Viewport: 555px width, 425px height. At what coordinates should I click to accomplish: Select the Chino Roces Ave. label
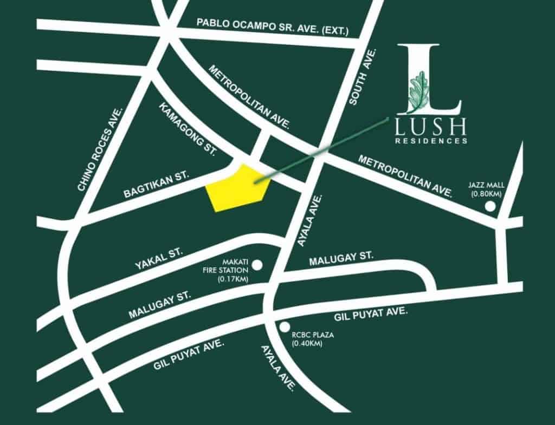coord(101,149)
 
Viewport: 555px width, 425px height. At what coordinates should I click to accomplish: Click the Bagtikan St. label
coord(155,184)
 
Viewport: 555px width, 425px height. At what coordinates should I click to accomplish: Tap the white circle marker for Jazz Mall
coord(490,206)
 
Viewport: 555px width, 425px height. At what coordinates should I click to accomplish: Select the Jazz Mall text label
coord(486,186)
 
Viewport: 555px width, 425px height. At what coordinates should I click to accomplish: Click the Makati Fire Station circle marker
coord(257,265)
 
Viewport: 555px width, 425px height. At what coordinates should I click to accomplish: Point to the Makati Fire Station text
coord(233,265)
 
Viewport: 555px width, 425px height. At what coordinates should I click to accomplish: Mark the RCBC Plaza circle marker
coord(285,326)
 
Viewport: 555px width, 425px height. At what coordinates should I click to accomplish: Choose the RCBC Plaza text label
coord(313,335)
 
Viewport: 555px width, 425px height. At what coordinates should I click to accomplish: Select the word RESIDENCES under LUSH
coord(431,141)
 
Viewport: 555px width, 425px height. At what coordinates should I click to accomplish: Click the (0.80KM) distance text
coord(486,194)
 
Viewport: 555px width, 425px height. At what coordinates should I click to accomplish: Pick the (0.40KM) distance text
coord(307,343)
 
